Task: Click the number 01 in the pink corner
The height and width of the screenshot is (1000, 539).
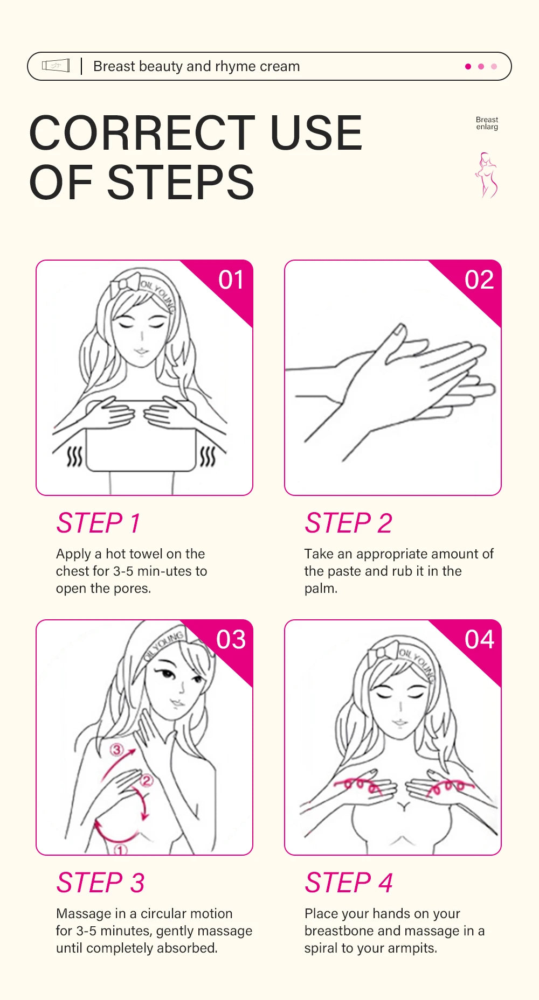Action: [x=231, y=280]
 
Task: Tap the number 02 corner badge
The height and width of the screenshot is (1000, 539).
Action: [x=479, y=280]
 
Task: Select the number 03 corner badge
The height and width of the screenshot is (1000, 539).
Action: [x=231, y=640]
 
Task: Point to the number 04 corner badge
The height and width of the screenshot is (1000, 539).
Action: [x=479, y=640]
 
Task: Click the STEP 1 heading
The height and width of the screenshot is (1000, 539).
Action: [x=99, y=523]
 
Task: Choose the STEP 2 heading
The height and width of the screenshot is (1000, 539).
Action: [x=348, y=523]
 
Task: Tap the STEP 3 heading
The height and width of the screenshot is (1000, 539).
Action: [x=100, y=883]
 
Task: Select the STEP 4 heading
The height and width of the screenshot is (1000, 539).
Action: [x=348, y=883]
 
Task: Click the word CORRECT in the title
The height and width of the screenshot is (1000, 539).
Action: [x=142, y=133]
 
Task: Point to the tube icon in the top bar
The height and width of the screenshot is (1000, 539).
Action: [x=56, y=66]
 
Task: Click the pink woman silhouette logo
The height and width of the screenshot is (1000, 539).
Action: [x=486, y=176]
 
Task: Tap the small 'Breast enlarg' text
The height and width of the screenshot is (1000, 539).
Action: [x=487, y=123]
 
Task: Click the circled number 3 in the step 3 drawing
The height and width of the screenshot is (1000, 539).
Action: [x=117, y=749]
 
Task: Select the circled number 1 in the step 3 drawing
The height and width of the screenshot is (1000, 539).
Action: [x=121, y=850]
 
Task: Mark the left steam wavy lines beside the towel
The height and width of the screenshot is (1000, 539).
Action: [x=74, y=457]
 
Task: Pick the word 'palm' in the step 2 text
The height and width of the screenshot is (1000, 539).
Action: [x=319, y=589]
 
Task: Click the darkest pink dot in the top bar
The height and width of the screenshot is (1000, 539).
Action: [x=468, y=66]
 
